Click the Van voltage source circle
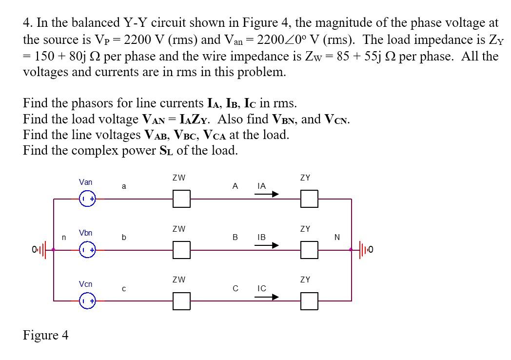pos(88,199)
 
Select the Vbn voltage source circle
pos(88,250)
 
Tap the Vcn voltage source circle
pos(88,301)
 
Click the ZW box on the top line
pos(181,199)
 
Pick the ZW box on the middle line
pos(181,250)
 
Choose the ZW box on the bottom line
pos(181,301)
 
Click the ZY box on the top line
pos(309,199)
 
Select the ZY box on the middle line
pos(309,250)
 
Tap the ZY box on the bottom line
pos(309,301)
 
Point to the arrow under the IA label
pos(267,194)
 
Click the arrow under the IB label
pos(267,245)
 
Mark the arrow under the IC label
pos(267,297)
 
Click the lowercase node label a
pos(124,186)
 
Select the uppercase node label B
pos(235,238)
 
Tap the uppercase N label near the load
pos(337,238)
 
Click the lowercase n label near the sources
pos(63,238)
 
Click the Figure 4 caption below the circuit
pos(45,335)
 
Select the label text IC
pos(261,288)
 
